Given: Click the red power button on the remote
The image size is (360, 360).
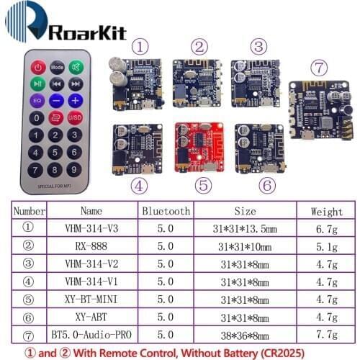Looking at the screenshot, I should (37, 67).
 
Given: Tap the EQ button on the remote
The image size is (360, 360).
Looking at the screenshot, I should (37, 101).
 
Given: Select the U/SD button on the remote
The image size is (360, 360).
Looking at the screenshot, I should (75, 117).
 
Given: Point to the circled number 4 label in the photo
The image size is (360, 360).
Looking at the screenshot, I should (141, 184).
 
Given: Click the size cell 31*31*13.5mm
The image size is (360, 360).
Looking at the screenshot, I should (245, 230).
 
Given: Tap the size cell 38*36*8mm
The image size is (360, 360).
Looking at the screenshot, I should (245, 334).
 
